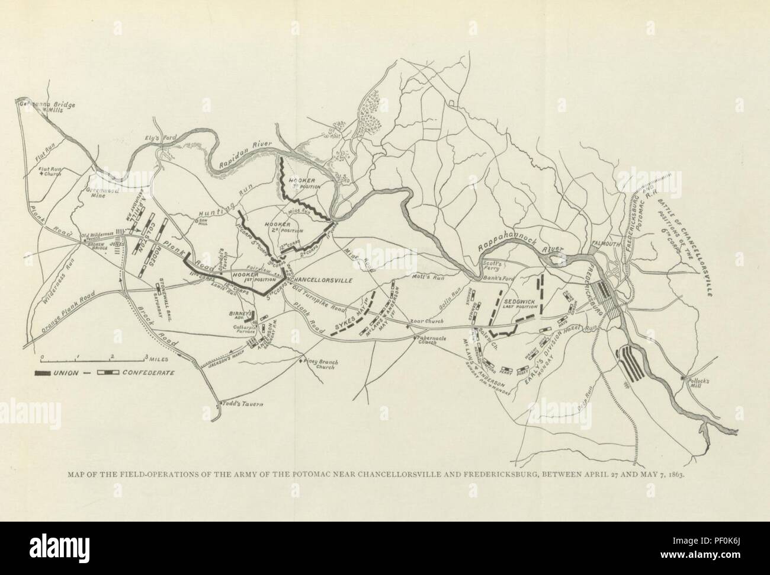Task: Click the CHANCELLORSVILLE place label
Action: (323, 279)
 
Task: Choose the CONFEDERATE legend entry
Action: (148, 372)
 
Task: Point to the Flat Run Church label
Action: (51, 172)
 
